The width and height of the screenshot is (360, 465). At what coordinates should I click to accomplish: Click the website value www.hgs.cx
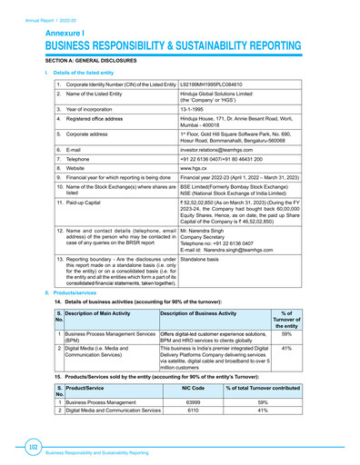(x=199, y=169)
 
